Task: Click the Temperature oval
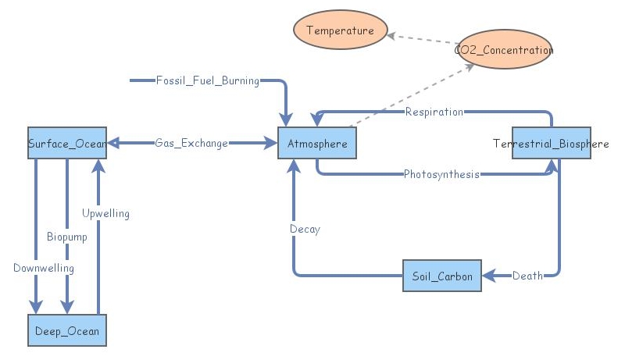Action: (x=340, y=31)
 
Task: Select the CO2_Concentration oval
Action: (x=504, y=50)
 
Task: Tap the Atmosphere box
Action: (x=317, y=144)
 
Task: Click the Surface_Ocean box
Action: (x=66, y=144)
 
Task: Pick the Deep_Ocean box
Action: (x=66, y=331)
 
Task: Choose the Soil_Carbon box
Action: (x=442, y=276)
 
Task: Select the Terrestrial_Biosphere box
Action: (x=551, y=144)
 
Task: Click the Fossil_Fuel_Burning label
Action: (x=207, y=80)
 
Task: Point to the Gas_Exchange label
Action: (x=191, y=144)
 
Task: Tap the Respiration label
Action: (x=434, y=112)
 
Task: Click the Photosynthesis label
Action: (x=441, y=174)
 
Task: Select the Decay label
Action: (x=305, y=229)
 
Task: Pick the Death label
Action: (x=527, y=276)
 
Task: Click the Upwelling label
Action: (x=105, y=213)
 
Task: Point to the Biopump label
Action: (x=67, y=237)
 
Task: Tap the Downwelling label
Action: (x=44, y=268)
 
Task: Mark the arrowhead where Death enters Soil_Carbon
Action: (x=487, y=276)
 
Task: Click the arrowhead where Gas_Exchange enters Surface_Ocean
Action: (x=112, y=144)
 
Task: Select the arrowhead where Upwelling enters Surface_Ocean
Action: (x=98, y=166)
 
